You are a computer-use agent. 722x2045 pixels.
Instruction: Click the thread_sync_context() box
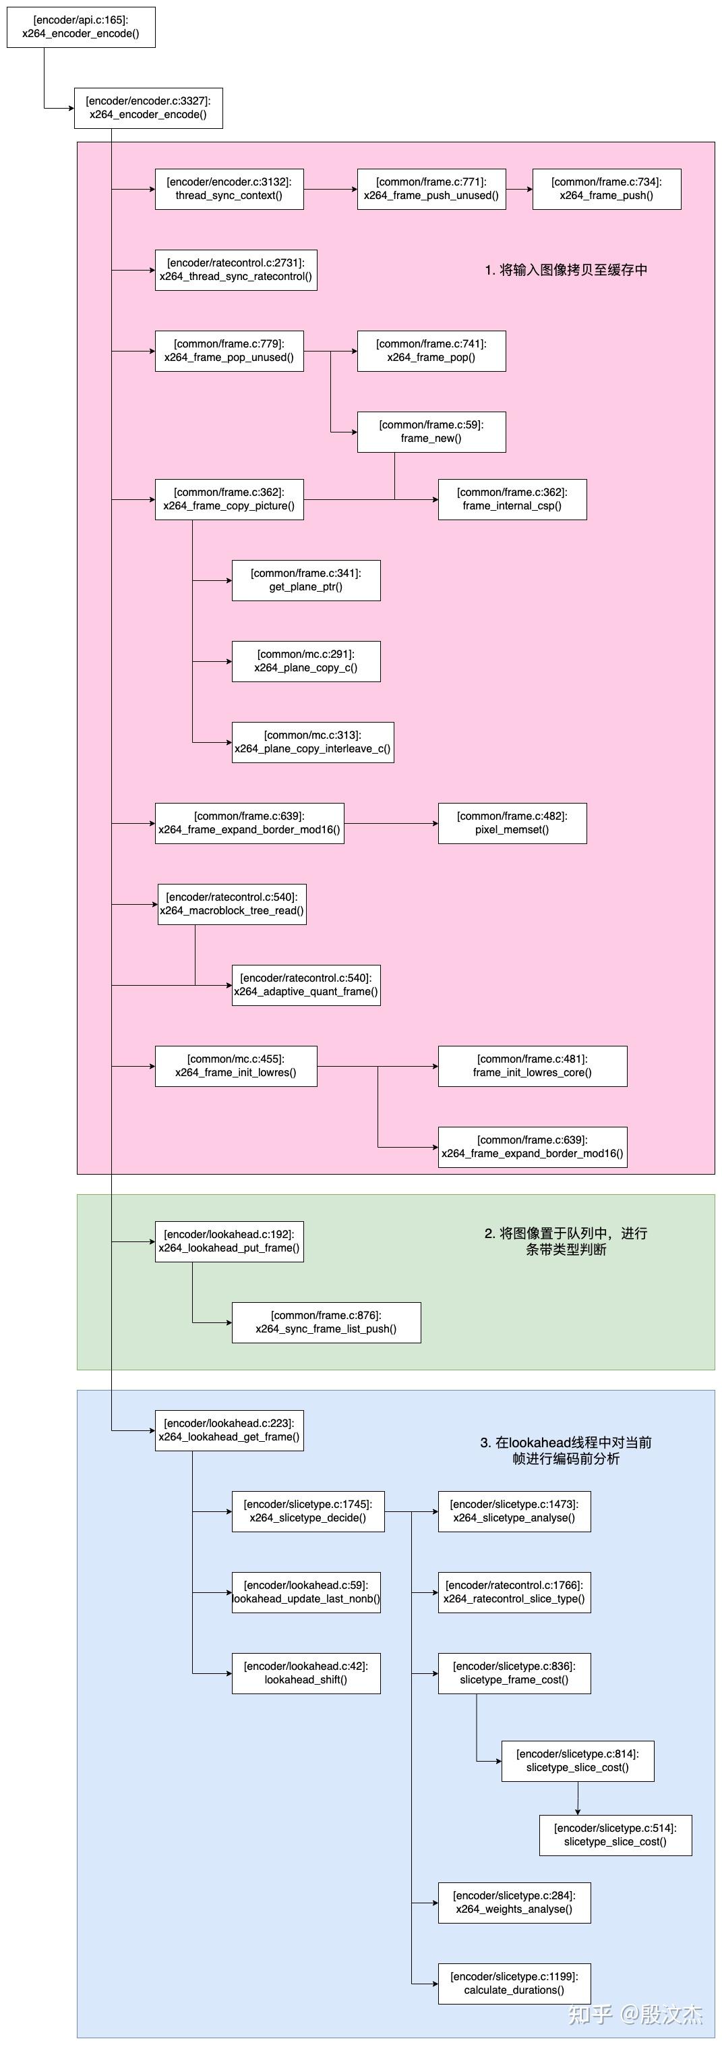coord(229,189)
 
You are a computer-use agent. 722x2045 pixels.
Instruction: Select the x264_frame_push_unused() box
coord(431,189)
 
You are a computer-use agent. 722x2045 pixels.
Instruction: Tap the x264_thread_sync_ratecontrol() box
coord(236,270)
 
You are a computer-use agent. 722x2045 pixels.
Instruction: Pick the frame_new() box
coord(431,432)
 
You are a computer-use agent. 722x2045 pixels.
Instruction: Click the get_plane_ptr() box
coord(305,580)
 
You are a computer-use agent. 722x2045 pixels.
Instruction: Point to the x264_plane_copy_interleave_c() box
coord(313,742)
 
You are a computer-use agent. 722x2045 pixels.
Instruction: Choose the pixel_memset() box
coord(512,823)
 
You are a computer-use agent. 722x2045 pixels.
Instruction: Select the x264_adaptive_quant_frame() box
coord(305,985)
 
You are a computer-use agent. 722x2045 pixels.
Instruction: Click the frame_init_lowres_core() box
coord(533,1066)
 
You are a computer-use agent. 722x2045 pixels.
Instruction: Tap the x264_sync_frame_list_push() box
coord(326,1322)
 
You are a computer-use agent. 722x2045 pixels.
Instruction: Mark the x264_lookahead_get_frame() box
coord(229,1430)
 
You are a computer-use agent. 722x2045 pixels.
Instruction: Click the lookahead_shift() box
coord(305,1673)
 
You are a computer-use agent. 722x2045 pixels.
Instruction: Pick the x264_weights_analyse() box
coord(514,1903)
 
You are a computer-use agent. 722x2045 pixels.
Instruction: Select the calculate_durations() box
coord(514,1984)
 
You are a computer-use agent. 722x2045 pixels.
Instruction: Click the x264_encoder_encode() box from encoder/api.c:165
coord(81,27)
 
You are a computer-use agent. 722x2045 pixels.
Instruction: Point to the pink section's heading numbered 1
coord(566,270)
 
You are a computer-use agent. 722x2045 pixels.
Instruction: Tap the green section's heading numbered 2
coord(566,1241)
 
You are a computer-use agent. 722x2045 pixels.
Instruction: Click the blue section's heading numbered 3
coord(566,1451)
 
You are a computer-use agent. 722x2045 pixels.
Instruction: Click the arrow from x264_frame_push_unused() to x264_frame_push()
coord(519,189)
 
